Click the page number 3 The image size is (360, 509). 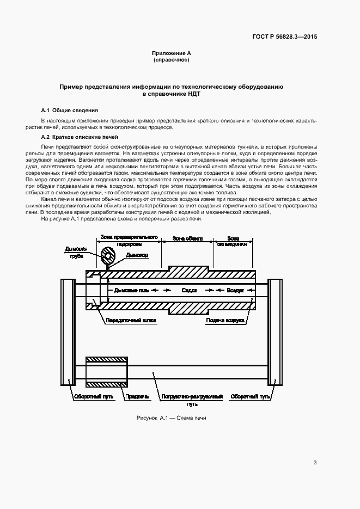tap(315, 463)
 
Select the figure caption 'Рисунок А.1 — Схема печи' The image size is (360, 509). tap(171, 418)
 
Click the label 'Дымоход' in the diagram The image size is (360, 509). tap(136, 254)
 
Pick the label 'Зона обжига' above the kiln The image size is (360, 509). tap(188, 238)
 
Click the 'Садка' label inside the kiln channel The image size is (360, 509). tap(189, 291)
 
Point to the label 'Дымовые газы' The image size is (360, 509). tap(131, 291)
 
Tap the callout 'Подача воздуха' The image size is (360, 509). tap(224, 321)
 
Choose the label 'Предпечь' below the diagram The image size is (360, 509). tap(137, 397)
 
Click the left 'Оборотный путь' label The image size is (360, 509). tap(94, 397)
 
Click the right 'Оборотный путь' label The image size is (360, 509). tap(250, 397)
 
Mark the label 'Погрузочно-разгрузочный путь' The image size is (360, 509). tap(192, 400)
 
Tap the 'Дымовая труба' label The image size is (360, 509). tap(75, 253)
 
